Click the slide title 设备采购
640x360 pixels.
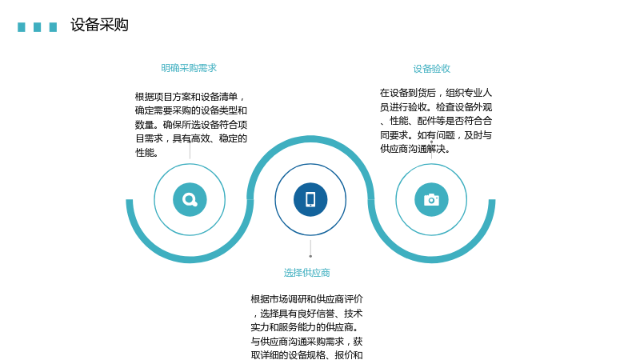point(99,25)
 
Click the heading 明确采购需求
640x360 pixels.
point(189,68)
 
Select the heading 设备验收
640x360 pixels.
point(431,69)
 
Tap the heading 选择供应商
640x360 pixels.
point(306,273)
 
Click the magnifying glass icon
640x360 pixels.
point(190,199)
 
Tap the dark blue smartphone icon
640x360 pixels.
point(310,199)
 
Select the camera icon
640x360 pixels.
point(431,199)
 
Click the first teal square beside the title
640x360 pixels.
point(22,27)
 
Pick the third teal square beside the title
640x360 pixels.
point(53,27)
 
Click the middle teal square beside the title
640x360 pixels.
point(37,27)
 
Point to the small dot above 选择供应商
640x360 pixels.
point(310,256)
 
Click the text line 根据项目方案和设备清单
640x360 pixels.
point(190,97)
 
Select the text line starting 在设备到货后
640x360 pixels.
point(436,93)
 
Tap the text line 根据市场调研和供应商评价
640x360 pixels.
point(306,299)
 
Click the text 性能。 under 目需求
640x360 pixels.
point(147,153)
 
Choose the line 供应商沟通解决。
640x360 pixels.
point(415,149)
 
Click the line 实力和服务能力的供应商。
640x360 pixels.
point(302,327)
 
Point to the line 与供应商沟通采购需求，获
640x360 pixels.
point(306,341)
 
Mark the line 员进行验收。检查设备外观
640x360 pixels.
point(436,107)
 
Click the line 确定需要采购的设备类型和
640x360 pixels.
point(191,110)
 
